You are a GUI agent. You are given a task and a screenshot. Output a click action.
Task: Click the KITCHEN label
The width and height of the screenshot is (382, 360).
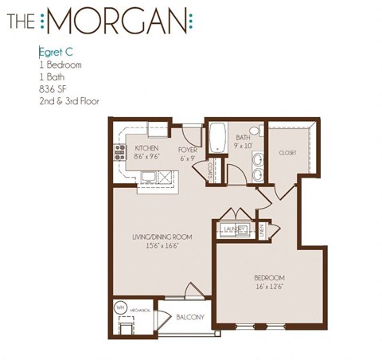click(146, 148)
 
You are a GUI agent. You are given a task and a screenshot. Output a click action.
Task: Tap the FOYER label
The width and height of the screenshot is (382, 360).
click(188, 149)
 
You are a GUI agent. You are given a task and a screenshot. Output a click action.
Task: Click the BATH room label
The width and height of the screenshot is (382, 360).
click(244, 138)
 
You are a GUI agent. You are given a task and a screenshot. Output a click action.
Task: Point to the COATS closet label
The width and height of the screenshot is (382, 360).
click(210, 171)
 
